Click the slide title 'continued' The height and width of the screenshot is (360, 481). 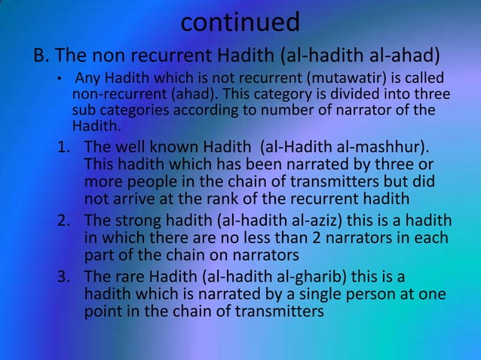pyautogui.click(x=240, y=22)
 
